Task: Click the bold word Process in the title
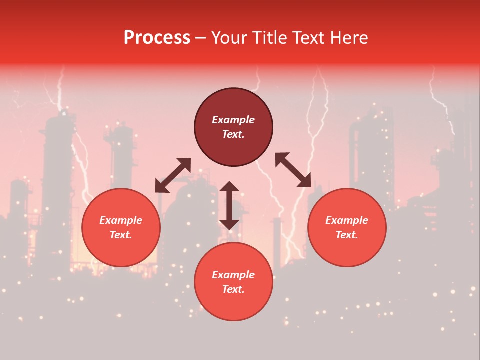[157, 38]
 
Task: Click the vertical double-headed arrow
[229, 205]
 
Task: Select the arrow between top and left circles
[173, 175]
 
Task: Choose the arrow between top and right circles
[293, 170]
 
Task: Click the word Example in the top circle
[233, 120]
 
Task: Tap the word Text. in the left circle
[121, 235]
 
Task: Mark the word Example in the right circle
[347, 220]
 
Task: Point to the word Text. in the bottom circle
[233, 289]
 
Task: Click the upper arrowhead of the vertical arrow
[229, 187]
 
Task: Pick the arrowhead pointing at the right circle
[305, 181]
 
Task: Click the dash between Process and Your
[201, 38]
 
